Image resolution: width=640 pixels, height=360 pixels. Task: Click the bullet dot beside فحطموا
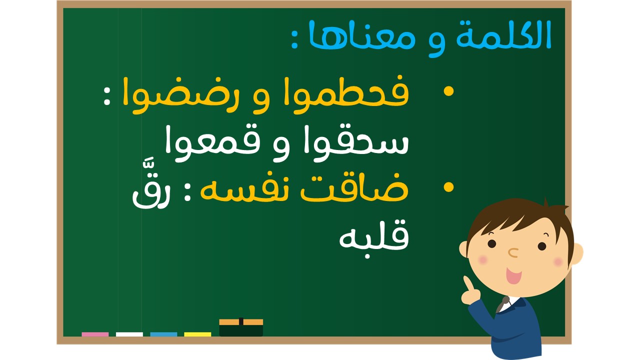(x=448, y=91)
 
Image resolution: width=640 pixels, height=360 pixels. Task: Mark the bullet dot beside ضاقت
(x=448, y=187)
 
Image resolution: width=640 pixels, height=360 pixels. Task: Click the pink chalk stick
(x=95, y=334)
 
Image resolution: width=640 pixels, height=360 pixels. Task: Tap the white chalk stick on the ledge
(x=129, y=334)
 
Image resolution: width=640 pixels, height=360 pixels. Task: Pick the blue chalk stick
(x=163, y=334)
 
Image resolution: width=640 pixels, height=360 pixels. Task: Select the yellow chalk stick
(x=197, y=334)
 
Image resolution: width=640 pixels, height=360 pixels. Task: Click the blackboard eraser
(x=241, y=327)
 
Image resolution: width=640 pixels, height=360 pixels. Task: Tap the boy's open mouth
(x=513, y=275)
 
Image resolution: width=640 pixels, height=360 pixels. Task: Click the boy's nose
(x=513, y=252)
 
